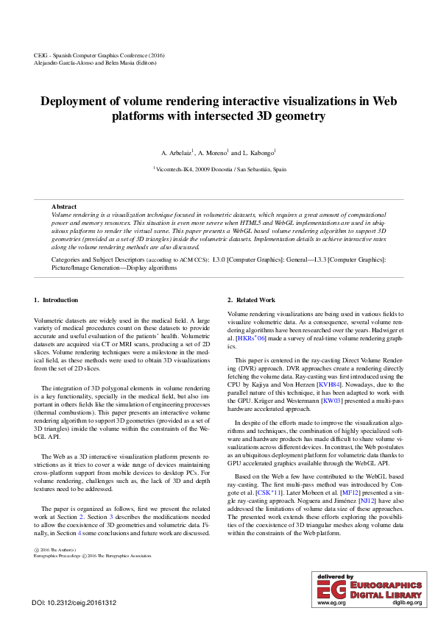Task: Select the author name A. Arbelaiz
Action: (175, 153)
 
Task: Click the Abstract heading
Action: (64, 207)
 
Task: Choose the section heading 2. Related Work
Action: (251, 300)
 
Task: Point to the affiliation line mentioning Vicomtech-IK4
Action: (220, 169)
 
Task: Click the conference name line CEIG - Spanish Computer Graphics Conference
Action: (99, 56)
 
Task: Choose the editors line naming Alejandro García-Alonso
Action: (95, 63)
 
